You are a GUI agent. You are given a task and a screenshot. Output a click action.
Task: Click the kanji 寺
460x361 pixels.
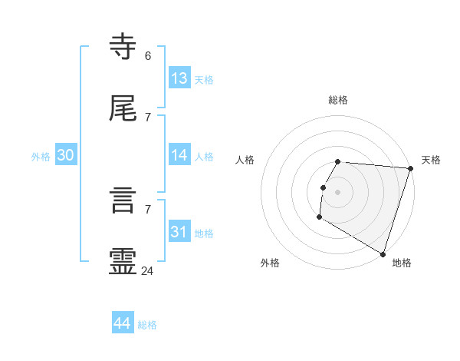(123, 47)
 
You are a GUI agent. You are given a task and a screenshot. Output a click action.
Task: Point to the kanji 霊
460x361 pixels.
(123, 262)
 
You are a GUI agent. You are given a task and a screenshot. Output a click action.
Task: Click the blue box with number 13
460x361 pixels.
(179, 78)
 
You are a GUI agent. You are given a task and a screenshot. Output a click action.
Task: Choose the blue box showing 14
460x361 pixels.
(179, 155)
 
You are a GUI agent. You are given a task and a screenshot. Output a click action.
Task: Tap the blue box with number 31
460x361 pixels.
(179, 232)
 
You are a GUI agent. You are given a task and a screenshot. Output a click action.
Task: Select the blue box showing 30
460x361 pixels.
(66, 155)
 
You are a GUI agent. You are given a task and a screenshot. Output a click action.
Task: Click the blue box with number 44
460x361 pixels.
(123, 323)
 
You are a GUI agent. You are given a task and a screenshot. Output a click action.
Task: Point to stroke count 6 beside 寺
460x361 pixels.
(148, 55)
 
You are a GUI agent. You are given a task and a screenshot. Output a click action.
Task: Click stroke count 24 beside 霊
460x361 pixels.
(148, 270)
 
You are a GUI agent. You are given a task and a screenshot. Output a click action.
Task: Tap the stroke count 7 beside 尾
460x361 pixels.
(148, 117)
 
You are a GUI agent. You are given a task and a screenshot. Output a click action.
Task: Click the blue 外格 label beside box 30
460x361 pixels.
(41, 157)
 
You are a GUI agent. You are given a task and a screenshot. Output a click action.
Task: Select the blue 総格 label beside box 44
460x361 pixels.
(147, 325)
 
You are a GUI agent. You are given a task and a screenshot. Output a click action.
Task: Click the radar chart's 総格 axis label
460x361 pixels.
(338, 100)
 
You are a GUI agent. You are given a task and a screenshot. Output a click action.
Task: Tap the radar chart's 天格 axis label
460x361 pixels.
(431, 160)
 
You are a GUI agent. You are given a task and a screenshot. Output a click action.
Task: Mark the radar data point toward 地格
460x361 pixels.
(383, 253)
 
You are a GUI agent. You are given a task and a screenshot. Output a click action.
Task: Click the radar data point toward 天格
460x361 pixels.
(410, 168)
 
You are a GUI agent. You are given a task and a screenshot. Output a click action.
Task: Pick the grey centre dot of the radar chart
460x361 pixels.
(338, 191)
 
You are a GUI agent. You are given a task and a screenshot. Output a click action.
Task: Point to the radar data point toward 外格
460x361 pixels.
(319, 217)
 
